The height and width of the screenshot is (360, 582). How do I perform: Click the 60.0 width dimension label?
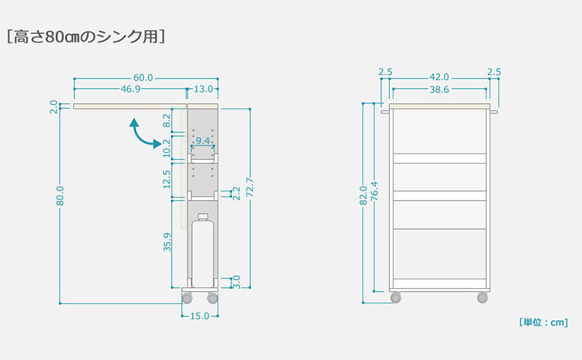[x=143, y=78]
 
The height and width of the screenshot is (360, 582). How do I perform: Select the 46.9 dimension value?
[x=130, y=89]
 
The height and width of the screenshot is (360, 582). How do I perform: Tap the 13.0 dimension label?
[x=204, y=89]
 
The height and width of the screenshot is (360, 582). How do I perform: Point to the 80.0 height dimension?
[x=60, y=196]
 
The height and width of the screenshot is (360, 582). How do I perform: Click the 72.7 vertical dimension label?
[x=250, y=188]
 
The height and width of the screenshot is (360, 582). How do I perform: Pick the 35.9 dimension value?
[x=167, y=242]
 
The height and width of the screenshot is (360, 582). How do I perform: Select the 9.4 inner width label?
[x=203, y=140]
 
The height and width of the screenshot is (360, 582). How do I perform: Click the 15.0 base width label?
[x=199, y=316]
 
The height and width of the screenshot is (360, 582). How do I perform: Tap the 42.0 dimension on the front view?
[x=439, y=77]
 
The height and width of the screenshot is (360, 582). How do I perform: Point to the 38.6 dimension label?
[x=439, y=89]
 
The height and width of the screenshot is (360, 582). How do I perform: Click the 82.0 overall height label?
[x=363, y=195]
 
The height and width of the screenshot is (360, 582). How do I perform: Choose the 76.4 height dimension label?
[x=375, y=191]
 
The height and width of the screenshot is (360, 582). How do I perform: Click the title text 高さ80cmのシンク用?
[x=86, y=37]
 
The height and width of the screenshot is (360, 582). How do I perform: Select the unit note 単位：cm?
[x=543, y=322]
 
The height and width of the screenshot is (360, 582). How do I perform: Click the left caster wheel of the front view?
[x=396, y=297]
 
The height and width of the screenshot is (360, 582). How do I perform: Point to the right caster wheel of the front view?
[x=482, y=297]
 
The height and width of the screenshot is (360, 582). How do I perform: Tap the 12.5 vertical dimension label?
[x=167, y=179]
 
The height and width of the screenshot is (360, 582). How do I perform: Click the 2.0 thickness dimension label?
[x=54, y=106]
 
